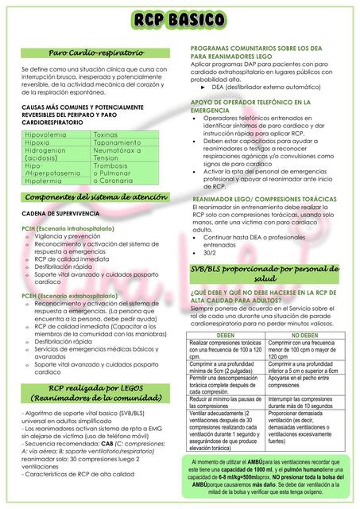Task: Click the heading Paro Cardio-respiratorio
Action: [95, 52]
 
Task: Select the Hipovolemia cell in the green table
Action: [46, 135]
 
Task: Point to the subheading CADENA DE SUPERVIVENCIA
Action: [60, 215]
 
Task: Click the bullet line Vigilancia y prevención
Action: [67, 236]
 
